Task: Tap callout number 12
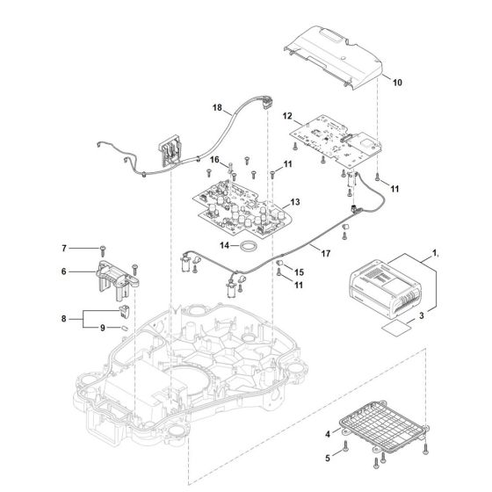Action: coord(286,115)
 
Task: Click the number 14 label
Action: coord(223,247)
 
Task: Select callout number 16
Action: coord(213,159)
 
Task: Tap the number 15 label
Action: coord(299,271)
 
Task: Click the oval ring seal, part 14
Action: coord(249,247)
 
